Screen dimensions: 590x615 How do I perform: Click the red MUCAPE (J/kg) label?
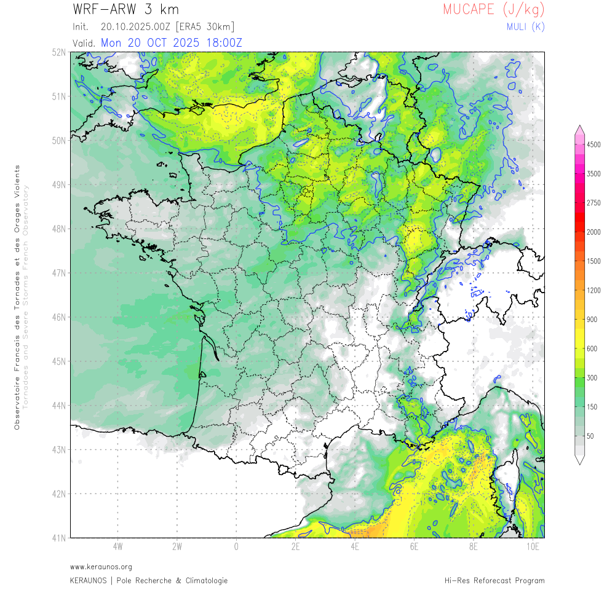click(493, 9)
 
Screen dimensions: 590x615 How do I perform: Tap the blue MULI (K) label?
click(525, 26)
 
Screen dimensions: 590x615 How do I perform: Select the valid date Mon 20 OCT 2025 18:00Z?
click(172, 42)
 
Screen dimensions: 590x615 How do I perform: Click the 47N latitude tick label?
click(59, 273)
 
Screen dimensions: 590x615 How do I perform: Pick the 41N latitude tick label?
click(59, 538)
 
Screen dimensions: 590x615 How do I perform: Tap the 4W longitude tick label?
click(117, 546)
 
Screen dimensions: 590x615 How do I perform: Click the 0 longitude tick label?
click(236, 546)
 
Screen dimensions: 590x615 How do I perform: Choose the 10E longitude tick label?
click(533, 546)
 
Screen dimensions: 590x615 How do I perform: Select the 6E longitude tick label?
click(414, 546)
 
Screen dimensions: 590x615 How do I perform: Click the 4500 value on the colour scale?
click(593, 144)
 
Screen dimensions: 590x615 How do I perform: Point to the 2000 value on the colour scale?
click(593, 232)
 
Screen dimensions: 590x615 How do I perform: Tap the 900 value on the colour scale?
click(592, 319)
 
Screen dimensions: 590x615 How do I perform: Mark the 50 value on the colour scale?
click(590, 436)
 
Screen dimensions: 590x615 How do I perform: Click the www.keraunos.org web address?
click(101, 567)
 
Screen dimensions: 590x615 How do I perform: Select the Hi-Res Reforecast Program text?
click(494, 580)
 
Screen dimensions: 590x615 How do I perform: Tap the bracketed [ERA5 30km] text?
click(204, 27)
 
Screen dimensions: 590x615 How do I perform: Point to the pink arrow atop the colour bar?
click(579, 128)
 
